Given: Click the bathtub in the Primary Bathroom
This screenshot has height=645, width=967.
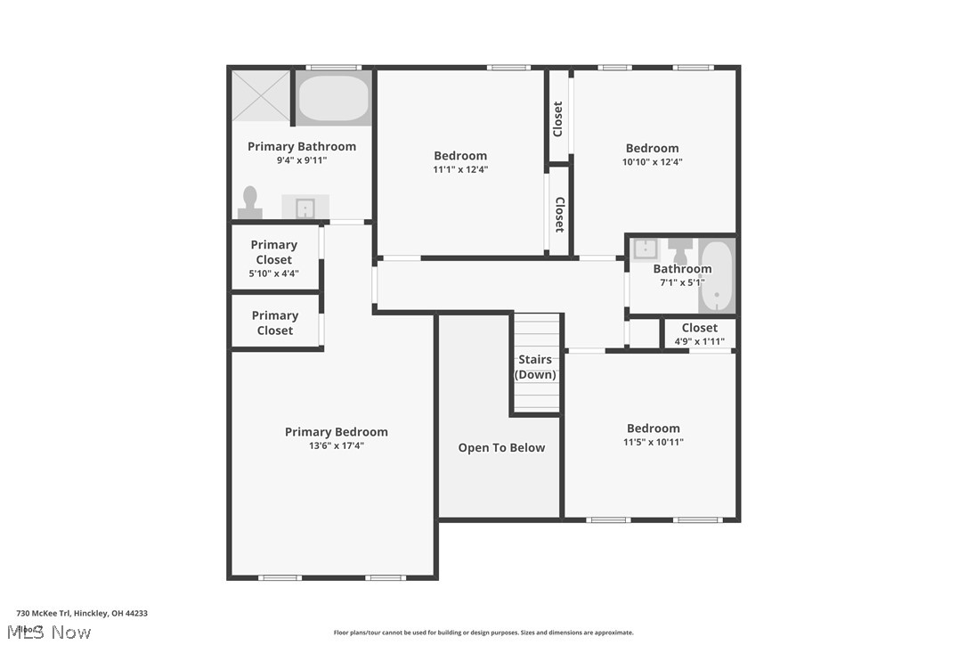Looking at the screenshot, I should click(x=333, y=99).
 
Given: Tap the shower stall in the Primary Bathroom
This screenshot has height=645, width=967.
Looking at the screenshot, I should click(x=261, y=95).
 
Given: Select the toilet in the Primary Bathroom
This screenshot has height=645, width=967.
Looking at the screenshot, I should click(x=250, y=203).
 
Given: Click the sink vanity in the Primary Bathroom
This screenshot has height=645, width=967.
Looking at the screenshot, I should click(x=305, y=207).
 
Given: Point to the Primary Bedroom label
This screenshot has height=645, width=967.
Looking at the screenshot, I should click(x=336, y=432).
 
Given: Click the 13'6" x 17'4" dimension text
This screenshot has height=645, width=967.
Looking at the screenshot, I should click(x=336, y=445).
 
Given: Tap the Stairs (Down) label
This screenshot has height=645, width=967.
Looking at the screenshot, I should click(x=535, y=367).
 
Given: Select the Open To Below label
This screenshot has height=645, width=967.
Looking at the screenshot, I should click(x=501, y=448).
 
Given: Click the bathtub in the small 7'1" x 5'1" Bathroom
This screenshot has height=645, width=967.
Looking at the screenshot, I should click(x=716, y=276).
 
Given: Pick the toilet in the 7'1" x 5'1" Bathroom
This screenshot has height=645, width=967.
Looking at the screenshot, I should click(x=681, y=249).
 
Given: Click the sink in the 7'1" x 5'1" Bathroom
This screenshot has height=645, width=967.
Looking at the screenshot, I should click(x=645, y=249).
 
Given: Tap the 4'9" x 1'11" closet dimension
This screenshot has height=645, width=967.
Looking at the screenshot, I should click(x=699, y=341).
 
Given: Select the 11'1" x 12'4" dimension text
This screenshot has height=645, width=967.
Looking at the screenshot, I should click(x=460, y=169).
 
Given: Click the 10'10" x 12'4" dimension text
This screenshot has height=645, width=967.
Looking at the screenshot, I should click(x=652, y=162).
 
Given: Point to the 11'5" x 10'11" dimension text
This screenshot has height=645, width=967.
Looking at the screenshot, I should click(x=653, y=442).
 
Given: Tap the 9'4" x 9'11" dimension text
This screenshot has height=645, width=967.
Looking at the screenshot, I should click(x=301, y=160).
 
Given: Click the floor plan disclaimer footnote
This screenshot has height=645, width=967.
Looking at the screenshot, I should click(x=483, y=633).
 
